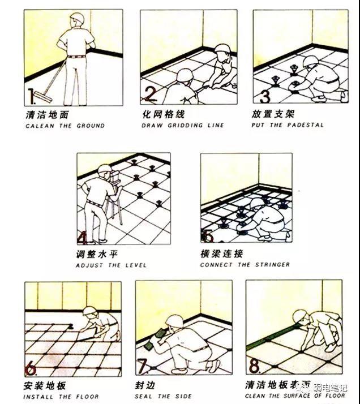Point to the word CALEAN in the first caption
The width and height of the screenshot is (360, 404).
37,126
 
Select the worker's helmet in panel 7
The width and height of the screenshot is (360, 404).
175,321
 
